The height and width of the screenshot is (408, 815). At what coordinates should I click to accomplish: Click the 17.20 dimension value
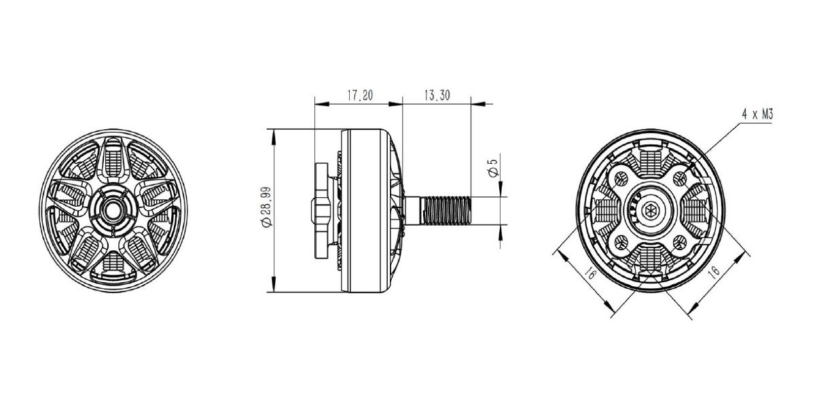point(360,95)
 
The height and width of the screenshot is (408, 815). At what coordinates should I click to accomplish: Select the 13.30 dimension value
point(437,95)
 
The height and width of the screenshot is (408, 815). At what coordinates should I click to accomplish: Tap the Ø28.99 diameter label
point(267,207)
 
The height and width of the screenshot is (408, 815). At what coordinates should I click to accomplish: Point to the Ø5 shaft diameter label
point(493,168)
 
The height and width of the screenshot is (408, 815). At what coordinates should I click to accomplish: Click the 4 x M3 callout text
point(757,115)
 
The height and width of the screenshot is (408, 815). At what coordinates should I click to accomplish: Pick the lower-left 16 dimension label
point(590,273)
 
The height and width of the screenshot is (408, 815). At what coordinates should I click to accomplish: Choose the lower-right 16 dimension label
point(714,271)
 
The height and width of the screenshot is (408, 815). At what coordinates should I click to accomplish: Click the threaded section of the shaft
point(446,211)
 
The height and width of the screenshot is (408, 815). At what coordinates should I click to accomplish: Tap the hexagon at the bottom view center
point(649,211)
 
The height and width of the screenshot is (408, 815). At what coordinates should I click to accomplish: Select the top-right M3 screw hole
point(680,178)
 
